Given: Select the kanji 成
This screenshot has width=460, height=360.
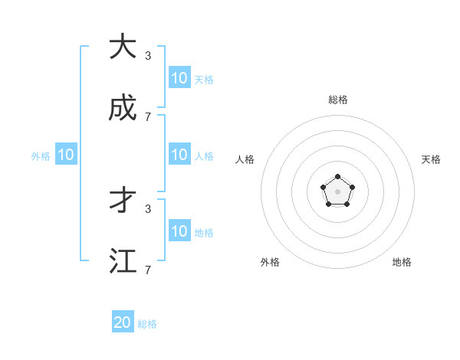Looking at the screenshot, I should tap(122, 110).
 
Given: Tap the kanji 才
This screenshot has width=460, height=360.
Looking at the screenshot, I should tap(122, 201).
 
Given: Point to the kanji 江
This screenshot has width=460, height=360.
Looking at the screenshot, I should tap(122, 261).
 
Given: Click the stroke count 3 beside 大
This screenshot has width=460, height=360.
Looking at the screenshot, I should tap(148, 55).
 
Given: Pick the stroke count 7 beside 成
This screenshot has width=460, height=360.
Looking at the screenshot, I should tap(148, 117).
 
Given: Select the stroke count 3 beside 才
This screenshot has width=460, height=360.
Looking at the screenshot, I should tap(148, 208).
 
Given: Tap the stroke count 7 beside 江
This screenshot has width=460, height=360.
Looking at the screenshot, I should tap(148, 270).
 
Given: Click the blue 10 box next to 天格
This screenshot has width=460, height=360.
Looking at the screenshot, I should tap(179, 78).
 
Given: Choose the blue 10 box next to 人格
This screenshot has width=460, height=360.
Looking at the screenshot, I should tap(179, 155).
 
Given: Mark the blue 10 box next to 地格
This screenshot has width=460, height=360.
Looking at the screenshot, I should tap(179, 231).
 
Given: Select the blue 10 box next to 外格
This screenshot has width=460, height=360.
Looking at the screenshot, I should tap(66, 155).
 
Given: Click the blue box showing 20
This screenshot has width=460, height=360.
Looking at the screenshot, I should tap(123, 322).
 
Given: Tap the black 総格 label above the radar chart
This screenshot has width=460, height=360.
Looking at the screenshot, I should tap(337, 100).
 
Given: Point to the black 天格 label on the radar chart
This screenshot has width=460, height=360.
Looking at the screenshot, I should tap(431, 159).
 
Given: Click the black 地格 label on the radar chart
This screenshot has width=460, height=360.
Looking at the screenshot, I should tap(402, 262).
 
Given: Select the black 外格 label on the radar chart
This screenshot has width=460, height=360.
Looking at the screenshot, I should tap(270, 262).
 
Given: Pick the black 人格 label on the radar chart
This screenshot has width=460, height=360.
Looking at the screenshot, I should tap(245, 159).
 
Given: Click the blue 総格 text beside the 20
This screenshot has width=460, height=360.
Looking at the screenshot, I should tap(147, 324).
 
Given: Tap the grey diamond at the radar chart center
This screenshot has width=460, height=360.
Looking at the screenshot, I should tap(337, 191).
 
